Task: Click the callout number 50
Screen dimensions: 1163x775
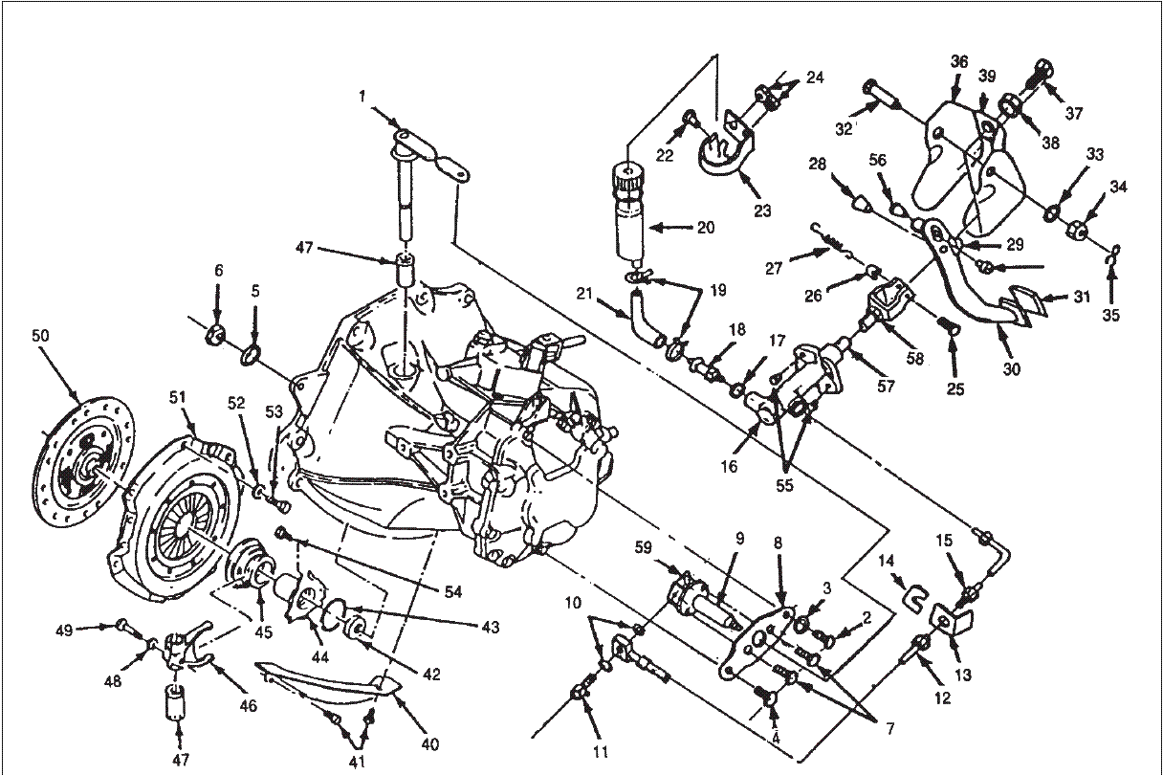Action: point(40,336)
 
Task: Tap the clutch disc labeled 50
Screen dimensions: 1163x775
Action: point(83,462)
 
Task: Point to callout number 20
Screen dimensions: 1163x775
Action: point(706,228)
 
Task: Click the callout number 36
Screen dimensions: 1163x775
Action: point(959,61)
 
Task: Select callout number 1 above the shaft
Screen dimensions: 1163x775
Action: point(362,97)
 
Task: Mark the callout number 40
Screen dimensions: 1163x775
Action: point(429,745)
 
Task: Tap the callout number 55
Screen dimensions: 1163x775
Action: point(784,485)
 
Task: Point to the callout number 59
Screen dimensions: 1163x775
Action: point(644,549)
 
